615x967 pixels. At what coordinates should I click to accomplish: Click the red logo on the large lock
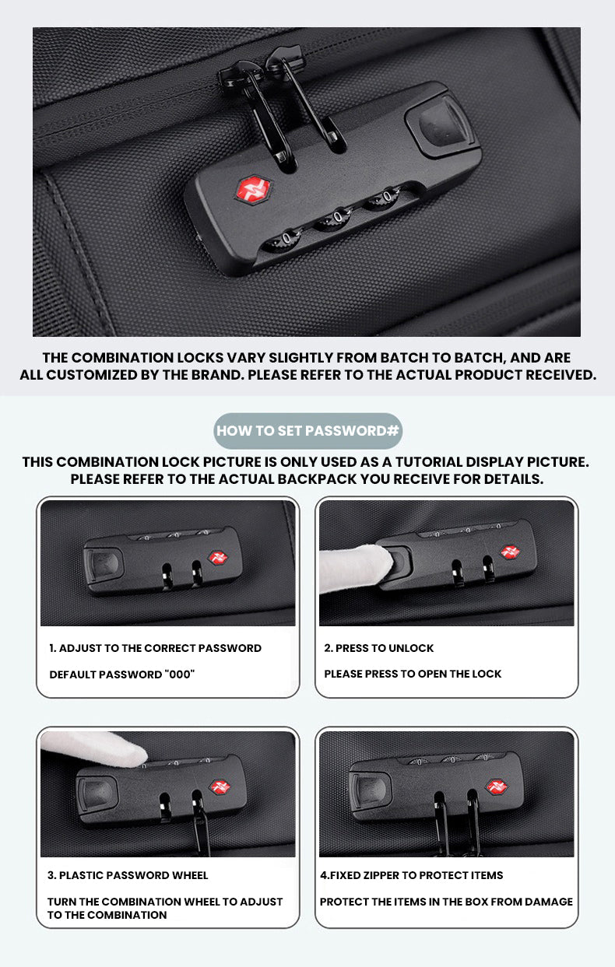254,189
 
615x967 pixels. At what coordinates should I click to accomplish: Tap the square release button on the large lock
440,126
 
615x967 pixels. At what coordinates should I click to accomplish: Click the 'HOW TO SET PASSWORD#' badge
308,430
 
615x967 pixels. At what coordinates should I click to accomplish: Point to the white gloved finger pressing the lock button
357,567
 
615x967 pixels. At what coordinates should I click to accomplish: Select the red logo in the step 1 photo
218,558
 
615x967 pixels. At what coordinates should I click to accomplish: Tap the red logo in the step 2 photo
510,552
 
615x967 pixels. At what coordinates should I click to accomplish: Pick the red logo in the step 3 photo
220,787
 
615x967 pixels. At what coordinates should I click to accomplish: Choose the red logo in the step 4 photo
497,787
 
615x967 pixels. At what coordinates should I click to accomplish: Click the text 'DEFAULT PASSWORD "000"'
122,674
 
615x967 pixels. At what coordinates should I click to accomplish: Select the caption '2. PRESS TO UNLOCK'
379,648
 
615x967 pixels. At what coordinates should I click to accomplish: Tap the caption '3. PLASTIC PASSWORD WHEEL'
128,875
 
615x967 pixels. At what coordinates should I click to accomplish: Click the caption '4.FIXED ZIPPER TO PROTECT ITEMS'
412,875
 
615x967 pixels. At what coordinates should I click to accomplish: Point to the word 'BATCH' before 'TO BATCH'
404,357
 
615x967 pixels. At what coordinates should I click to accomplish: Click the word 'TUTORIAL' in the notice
424,461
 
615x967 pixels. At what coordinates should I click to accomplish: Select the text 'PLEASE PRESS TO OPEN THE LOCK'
413,674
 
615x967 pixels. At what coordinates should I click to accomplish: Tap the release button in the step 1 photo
104,565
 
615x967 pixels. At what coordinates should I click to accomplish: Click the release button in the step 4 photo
371,790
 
